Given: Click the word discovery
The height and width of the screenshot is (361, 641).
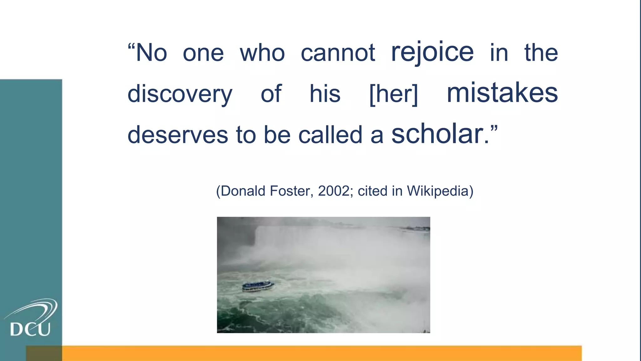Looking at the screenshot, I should tap(180, 94).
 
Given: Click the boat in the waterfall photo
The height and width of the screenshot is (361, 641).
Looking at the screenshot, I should tap(258, 286).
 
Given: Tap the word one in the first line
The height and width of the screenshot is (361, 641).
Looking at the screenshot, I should tap(203, 53).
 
